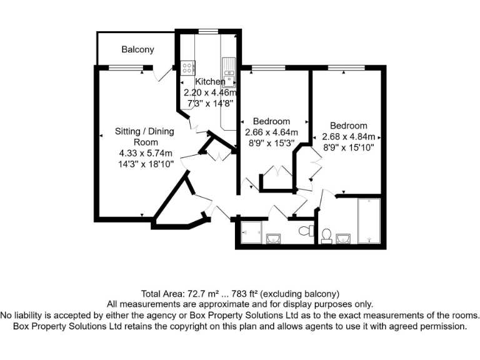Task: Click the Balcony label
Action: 137,49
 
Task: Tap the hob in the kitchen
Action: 187,67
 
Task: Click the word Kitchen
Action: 210,82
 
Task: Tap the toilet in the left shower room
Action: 306,231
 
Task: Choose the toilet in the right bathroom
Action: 326,236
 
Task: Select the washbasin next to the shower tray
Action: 272,238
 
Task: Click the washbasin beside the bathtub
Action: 342,238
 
